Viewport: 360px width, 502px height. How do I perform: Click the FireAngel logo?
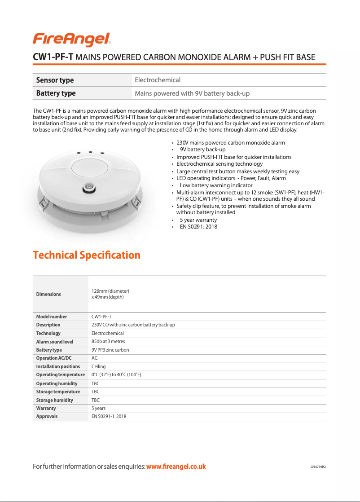click(x=71, y=40)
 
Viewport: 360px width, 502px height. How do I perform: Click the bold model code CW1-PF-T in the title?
click(x=53, y=57)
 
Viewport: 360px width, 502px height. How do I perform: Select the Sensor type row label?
click(x=55, y=80)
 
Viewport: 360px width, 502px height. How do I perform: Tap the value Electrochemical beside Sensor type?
click(x=158, y=80)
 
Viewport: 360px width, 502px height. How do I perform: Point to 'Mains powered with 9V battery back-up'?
click(x=192, y=93)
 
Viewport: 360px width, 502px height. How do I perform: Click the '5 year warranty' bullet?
click(x=198, y=220)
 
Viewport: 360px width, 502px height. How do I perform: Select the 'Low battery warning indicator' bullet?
click(x=216, y=185)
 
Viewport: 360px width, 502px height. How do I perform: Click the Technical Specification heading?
click(x=87, y=255)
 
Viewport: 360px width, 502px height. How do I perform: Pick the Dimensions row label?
click(x=48, y=294)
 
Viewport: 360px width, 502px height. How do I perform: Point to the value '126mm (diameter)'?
click(x=110, y=291)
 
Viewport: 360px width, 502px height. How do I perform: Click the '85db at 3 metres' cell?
click(x=108, y=342)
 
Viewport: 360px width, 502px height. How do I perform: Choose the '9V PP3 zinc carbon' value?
click(x=110, y=350)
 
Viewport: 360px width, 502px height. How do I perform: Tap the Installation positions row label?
click(x=58, y=366)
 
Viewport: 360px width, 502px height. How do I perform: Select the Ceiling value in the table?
click(x=98, y=366)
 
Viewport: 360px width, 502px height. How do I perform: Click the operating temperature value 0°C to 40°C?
click(x=117, y=374)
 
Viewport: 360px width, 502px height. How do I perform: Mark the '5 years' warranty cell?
click(x=99, y=408)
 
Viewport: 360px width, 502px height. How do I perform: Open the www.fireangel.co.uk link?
click(x=176, y=467)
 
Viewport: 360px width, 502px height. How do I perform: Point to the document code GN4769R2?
click(x=318, y=467)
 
